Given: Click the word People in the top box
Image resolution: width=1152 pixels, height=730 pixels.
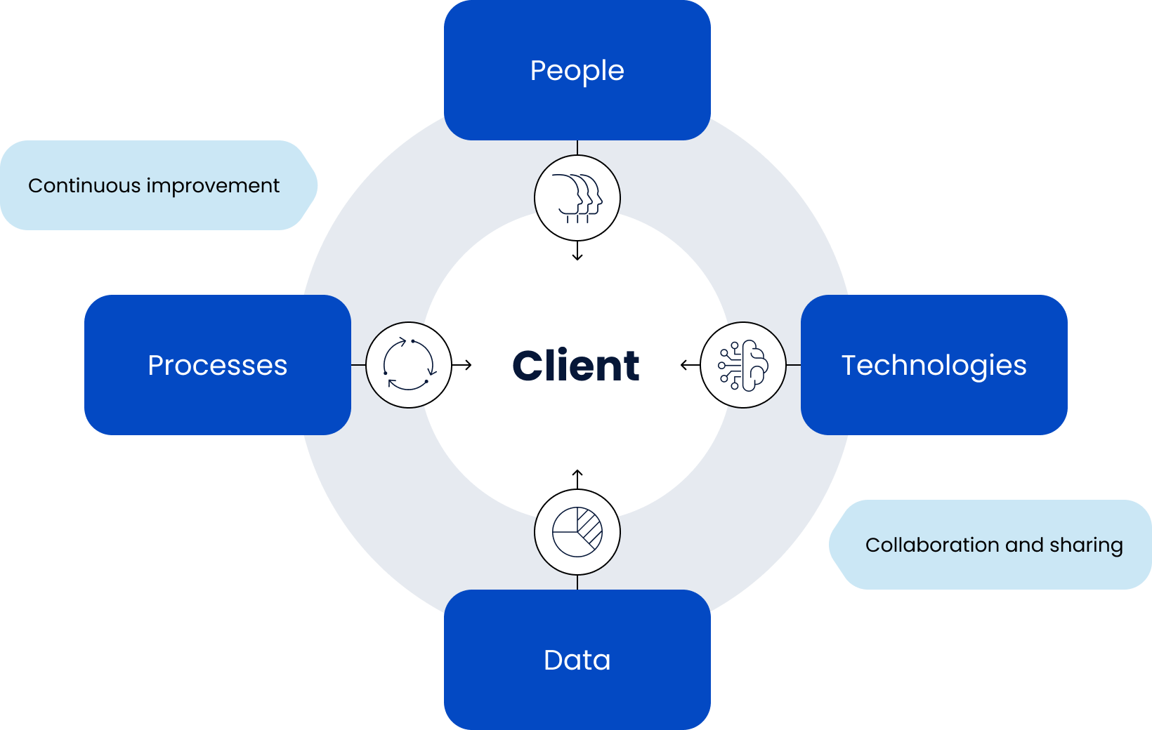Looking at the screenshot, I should pyautogui.click(x=577, y=71).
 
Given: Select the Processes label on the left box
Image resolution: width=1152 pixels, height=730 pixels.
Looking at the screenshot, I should pyautogui.click(x=217, y=366).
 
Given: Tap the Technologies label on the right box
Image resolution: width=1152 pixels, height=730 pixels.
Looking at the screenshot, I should pyautogui.click(x=934, y=366).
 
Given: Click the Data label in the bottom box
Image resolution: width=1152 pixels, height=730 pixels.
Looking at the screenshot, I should pyautogui.click(x=577, y=661).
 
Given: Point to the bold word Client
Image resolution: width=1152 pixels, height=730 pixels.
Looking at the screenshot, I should pyautogui.click(x=576, y=366).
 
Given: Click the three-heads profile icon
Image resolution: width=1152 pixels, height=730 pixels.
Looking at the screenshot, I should pyautogui.click(x=577, y=198).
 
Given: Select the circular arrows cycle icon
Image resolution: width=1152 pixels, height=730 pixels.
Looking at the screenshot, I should pyautogui.click(x=409, y=365).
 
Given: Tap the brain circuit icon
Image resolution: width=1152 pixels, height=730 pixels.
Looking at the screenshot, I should pyautogui.click(x=743, y=365).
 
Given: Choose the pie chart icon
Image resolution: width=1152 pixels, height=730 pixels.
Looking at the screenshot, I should pyautogui.click(x=577, y=532).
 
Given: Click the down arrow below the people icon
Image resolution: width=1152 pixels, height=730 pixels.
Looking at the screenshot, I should pyautogui.click(x=577, y=252).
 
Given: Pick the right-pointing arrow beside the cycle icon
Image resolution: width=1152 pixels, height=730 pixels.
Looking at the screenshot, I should pyautogui.click(x=464, y=365).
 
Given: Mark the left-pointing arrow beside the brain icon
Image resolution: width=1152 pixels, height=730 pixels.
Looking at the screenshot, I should pyautogui.click(x=688, y=365).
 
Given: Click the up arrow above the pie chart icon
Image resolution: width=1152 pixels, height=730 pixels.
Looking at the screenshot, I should pyautogui.click(x=577, y=478).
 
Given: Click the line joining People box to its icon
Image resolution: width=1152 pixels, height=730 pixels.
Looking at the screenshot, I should pyautogui.click(x=577, y=147).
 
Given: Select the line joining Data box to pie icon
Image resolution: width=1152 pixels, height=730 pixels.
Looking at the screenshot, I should pyautogui.click(x=577, y=583).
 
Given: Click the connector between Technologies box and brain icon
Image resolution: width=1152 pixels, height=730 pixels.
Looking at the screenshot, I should pyautogui.click(x=794, y=365).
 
